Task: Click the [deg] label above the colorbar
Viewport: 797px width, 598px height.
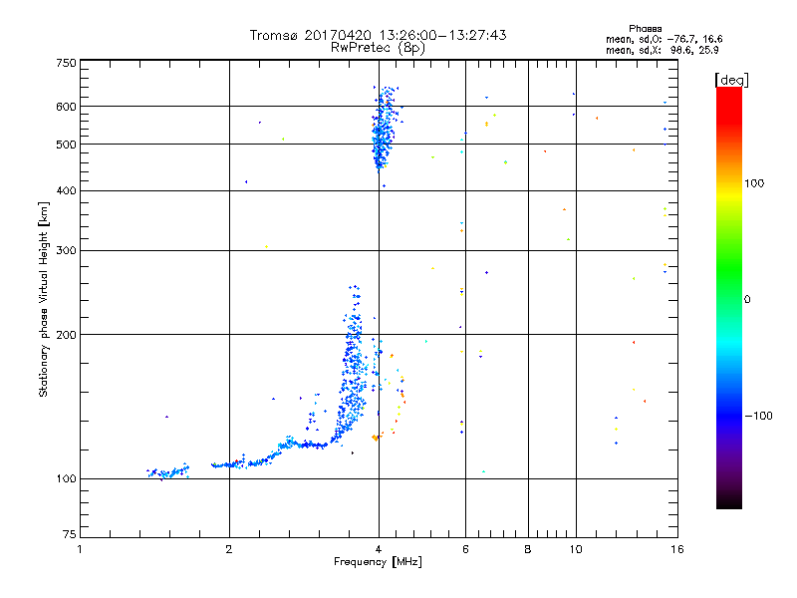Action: tap(732, 79)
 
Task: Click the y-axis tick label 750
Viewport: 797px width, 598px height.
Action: tap(66, 62)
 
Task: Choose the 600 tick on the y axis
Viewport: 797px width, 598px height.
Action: tap(66, 107)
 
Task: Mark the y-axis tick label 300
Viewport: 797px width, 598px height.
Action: tap(66, 251)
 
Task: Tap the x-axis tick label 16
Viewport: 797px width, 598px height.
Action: tap(675, 549)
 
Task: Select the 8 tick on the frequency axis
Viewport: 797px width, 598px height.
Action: tap(528, 549)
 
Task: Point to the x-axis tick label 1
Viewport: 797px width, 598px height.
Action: tap(80, 549)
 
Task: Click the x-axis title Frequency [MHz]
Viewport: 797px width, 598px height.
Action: tap(378, 563)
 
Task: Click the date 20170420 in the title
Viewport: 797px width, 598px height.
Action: tap(341, 35)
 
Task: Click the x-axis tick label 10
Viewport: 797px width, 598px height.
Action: tap(575, 549)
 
